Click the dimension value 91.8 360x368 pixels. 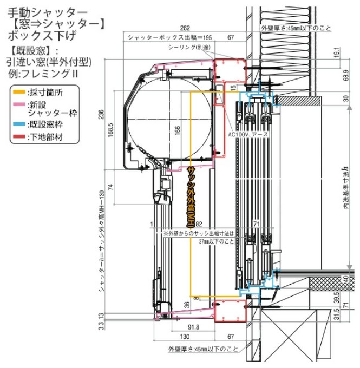193,327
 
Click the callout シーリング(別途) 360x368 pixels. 186,48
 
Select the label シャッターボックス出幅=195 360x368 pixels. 168,37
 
